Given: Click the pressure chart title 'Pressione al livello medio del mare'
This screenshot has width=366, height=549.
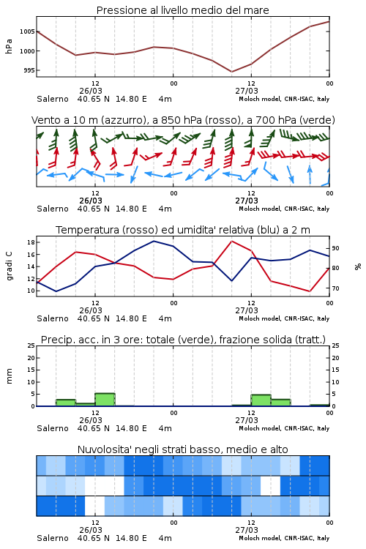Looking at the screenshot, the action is [x=182, y=10].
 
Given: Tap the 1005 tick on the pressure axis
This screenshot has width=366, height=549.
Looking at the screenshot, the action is [x=27, y=31].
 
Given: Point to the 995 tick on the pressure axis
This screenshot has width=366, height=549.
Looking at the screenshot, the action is [x=29, y=70].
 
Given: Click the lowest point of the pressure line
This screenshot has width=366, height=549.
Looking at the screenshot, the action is [x=231, y=72].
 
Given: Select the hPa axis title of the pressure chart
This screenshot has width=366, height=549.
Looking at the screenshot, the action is [x=9, y=46].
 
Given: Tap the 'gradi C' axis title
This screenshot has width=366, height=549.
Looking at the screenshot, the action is [x=9, y=266].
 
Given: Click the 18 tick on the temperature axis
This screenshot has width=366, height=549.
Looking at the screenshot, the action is [x=31, y=242].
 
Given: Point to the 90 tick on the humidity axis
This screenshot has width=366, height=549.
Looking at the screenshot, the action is [x=335, y=248].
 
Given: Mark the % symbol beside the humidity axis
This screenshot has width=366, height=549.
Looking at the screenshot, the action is [x=358, y=266].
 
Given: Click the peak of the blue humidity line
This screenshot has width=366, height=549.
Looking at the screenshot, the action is [x=154, y=241].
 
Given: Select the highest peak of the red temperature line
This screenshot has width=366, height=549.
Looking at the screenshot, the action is [x=231, y=241].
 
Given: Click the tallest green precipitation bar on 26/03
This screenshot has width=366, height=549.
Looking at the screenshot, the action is [x=105, y=400].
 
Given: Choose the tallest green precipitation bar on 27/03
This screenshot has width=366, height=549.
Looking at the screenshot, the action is [x=261, y=400].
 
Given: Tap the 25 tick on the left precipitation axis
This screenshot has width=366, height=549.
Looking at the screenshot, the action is [x=31, y=346].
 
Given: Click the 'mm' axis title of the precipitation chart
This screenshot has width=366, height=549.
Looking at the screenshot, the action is [x=9, y=376].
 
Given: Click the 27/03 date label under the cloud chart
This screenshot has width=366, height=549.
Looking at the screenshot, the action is [x=247, y=530].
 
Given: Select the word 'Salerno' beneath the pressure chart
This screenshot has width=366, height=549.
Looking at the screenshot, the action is [x=53, y=99].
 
